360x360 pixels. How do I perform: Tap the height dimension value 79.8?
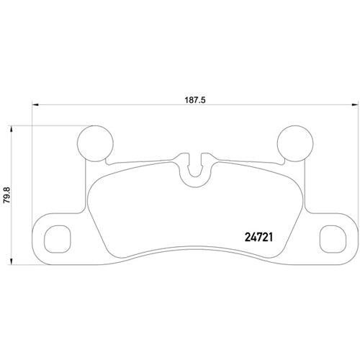coord(7,196)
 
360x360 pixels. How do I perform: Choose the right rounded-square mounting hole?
coord(331,236)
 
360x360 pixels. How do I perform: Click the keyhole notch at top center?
coord(194,169)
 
